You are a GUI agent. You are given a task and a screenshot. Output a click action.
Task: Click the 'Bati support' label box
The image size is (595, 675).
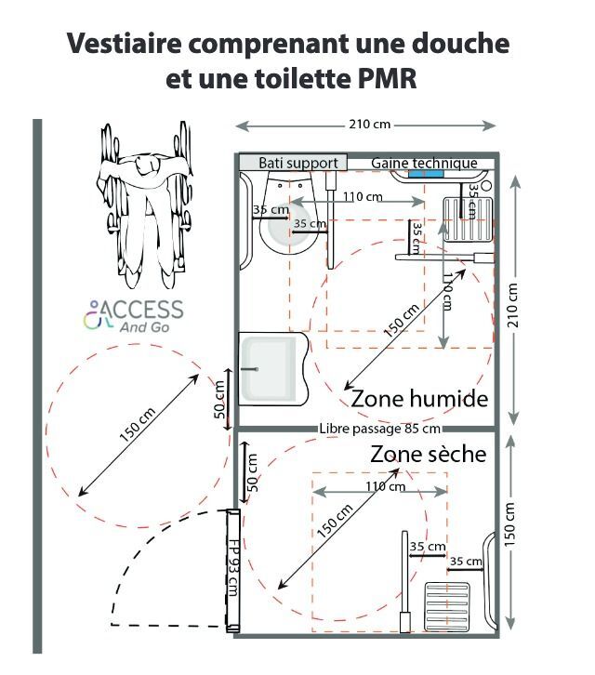point(293,163)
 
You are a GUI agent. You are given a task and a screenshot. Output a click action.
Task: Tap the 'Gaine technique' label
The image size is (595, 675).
point(424,163)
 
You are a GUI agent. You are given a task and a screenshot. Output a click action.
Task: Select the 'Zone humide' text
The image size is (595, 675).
point(419,399)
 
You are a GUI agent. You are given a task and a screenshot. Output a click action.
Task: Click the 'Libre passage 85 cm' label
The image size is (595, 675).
point(379,429)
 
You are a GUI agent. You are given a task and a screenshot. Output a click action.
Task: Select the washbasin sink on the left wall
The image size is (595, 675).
point(271,369)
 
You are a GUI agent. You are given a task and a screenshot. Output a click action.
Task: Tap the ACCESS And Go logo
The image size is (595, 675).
point(134,315)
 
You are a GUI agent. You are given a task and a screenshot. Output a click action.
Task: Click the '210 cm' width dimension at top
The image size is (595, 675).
point(365,125)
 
